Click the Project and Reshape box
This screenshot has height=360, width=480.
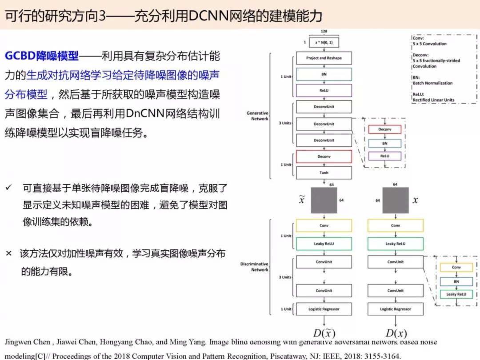coord(324,58)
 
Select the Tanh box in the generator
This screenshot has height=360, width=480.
coord(324,172)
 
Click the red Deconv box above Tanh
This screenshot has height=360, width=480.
coord(324,156)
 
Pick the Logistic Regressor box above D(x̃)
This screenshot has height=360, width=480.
coord(324,309)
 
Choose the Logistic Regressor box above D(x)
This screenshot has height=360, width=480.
coord(395,309)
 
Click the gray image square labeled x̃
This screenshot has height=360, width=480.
coord(324,200)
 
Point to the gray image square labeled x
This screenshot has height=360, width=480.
coord(395,200)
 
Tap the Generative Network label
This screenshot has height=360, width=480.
coord(257,116)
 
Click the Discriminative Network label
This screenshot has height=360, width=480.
coord(254,267)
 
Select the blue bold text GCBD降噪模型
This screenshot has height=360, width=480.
coord(42,56)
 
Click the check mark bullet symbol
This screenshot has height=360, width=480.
coord(8,188)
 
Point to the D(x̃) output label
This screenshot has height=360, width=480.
coord(324,333)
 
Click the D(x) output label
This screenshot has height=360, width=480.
coord(396,333)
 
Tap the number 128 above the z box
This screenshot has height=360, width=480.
coord(324,32)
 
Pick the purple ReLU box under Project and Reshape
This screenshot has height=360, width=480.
coord(324,91)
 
